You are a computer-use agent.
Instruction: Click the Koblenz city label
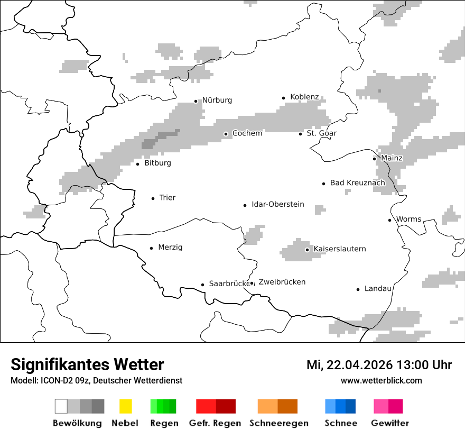click(304, 97)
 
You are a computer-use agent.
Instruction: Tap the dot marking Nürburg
click(196, 101)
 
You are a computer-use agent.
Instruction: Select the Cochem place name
click(247, 133)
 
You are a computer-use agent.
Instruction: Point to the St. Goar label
click(321, 133)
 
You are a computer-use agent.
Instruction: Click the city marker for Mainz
click(375, 159)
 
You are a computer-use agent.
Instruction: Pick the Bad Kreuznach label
click(357, 183)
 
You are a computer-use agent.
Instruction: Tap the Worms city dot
click(390, 220)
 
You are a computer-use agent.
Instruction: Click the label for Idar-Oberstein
click(277, 204)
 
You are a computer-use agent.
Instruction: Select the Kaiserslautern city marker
click(307, 250)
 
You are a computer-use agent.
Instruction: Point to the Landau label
click(378, 289)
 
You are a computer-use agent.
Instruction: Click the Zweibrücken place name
click(282, 282)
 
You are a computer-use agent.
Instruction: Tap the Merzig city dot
click(152, 248)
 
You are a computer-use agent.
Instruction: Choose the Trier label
click(167, 198)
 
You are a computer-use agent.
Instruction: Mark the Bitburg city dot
click(138, 164)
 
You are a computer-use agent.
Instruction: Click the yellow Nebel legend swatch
click(125, 406)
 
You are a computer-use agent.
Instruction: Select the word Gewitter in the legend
click(389, 423)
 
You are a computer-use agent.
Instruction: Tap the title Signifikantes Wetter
click(87, 365)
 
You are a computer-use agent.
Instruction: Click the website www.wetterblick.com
click(381, 381)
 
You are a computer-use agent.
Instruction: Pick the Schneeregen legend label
click(278, 423)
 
